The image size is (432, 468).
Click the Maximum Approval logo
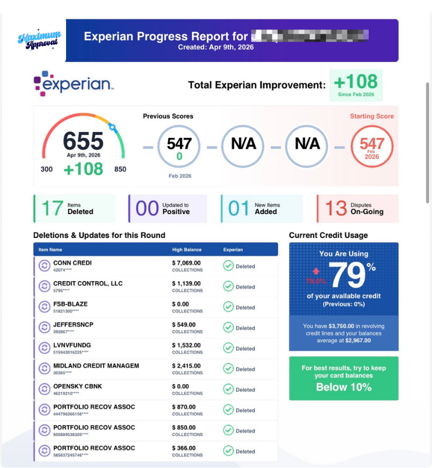click(39, 39)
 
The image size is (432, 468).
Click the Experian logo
click(73, 84)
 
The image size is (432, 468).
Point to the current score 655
click(83, 141)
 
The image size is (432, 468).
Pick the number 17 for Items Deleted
click(52, 208)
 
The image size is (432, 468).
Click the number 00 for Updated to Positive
click(147, 208)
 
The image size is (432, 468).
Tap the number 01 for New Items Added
click(239, 208)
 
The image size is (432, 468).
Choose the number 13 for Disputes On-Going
click(335, 208)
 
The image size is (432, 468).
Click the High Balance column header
click(187, 250)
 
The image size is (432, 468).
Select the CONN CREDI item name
click(73, 263)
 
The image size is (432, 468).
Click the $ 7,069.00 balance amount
click(187, 263)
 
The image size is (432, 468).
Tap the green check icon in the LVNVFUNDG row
click(228, 348)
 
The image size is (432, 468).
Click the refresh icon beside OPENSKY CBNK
click(44, 389)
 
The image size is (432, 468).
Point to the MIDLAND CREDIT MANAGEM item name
click(96, 366)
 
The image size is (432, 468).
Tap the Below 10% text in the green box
click(344, 387)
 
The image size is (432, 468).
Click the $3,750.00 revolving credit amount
click(340, 327)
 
